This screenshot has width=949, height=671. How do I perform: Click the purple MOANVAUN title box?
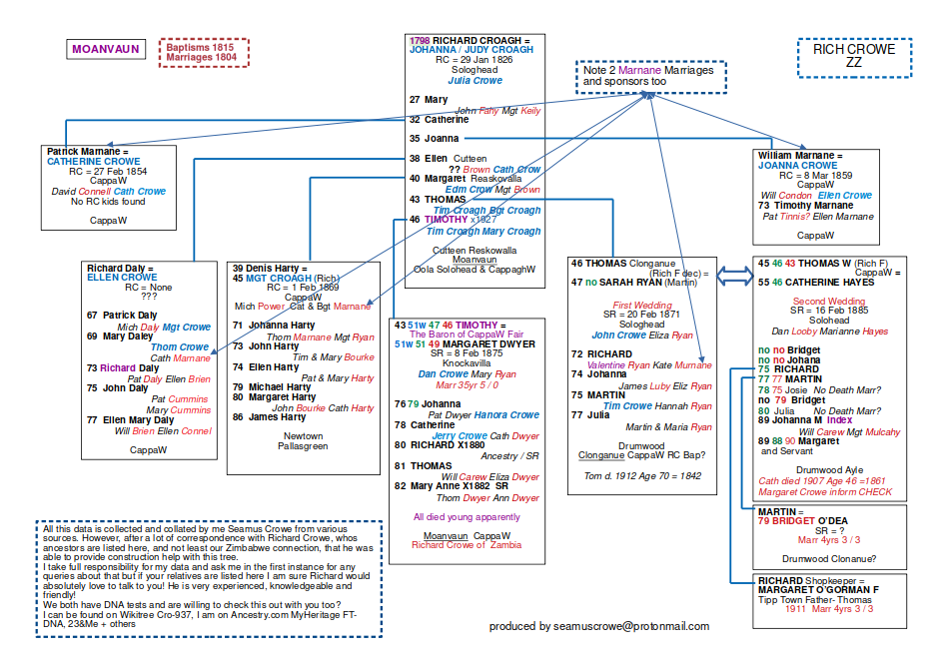(x=107, y=48)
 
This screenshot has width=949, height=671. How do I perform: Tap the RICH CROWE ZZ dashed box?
(x=854, y=56)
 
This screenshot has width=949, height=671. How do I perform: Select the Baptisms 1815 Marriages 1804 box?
(x=203, y=52)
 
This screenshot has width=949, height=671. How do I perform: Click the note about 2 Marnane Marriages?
(x=649, y=76)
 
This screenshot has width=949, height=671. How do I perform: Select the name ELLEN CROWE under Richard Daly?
(x=122, y=279)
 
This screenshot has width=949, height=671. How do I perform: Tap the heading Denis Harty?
(x=266, y=268)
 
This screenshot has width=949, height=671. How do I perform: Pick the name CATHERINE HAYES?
(x=831, y=283)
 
